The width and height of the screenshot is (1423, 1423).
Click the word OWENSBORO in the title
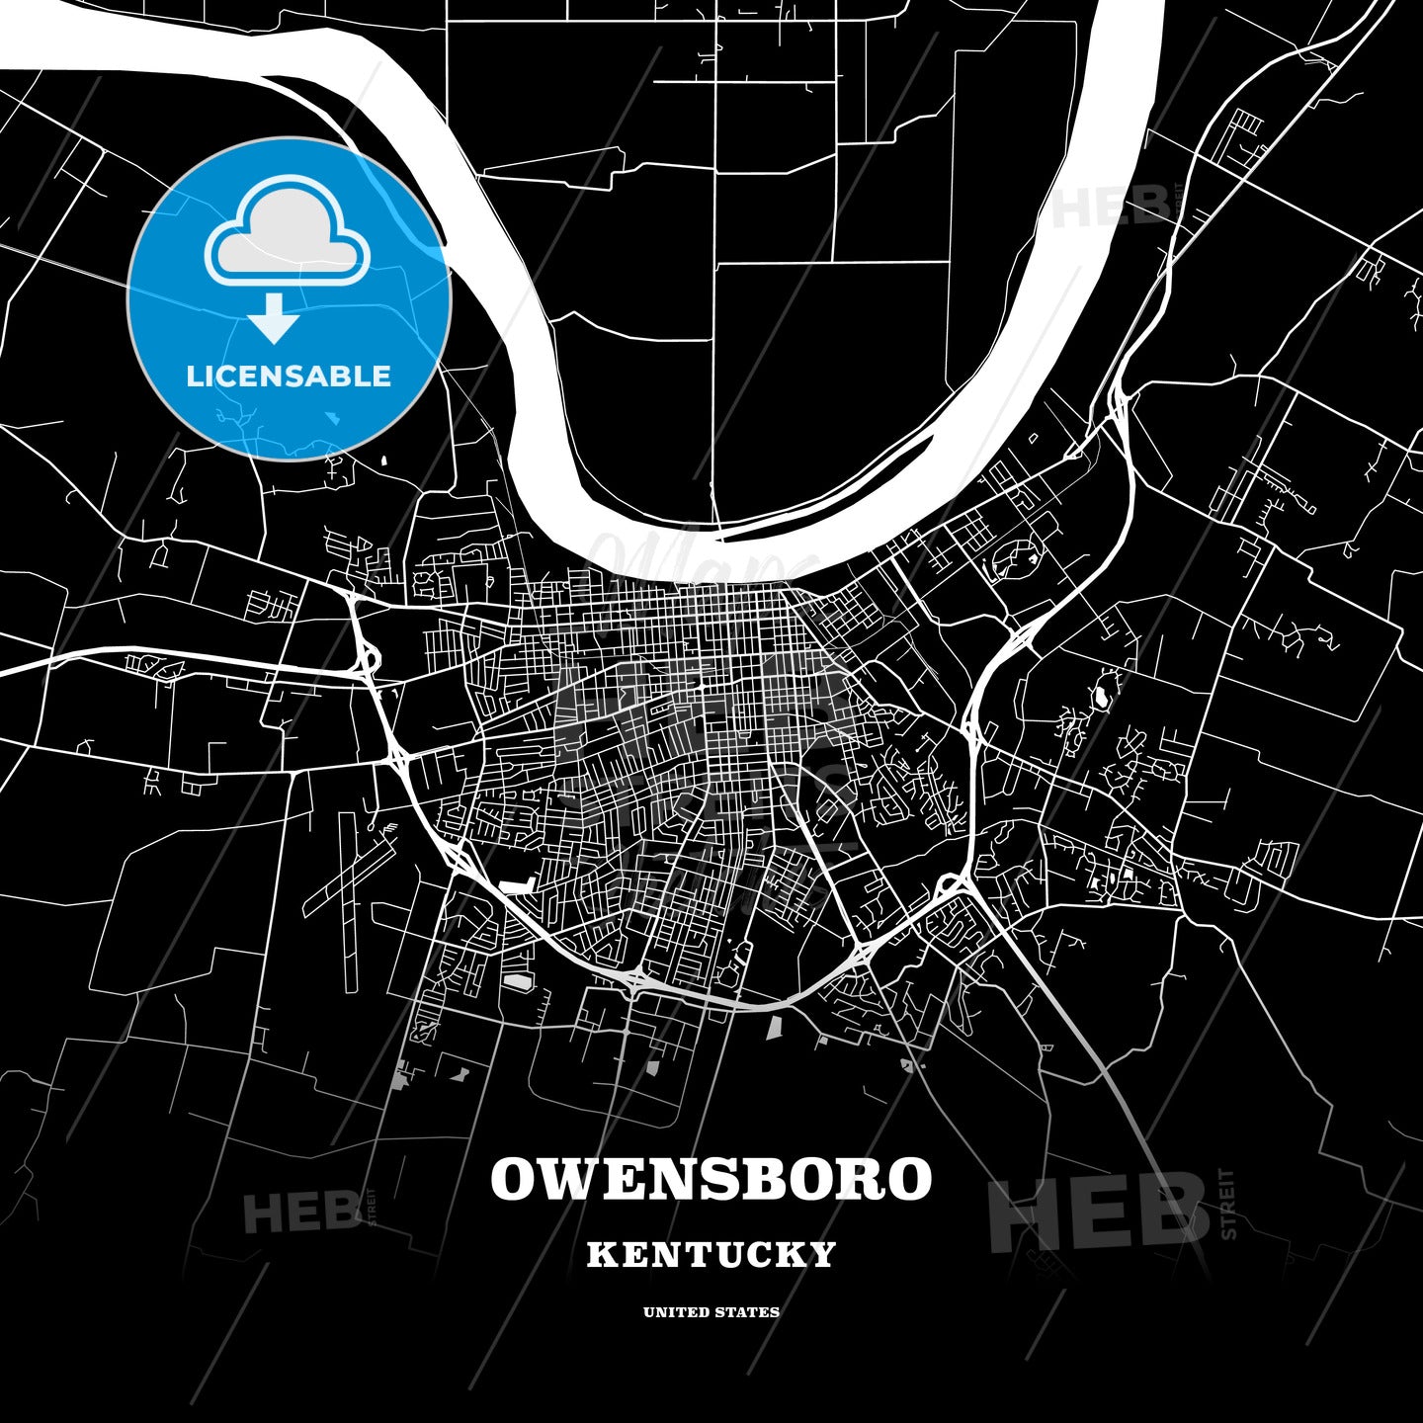click(x=711, y=1179)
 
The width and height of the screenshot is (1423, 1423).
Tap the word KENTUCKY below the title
click(x=711, y=1255)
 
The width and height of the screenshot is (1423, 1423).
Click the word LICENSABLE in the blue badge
click(x=289, y=377)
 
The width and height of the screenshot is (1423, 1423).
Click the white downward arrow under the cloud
click(x=274, y=317)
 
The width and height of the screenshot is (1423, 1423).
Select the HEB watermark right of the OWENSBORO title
click(x=1097, y=1211)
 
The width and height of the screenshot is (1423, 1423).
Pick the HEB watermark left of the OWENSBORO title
click(x=302, y=1212)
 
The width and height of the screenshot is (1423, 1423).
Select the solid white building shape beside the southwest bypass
click(x=517, y=886)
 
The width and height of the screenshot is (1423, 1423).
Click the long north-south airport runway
click(x=350, y=899)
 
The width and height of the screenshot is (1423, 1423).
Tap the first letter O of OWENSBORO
click(x=515, y=1179)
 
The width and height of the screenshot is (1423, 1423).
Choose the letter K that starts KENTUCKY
click(x=600, y=1255)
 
